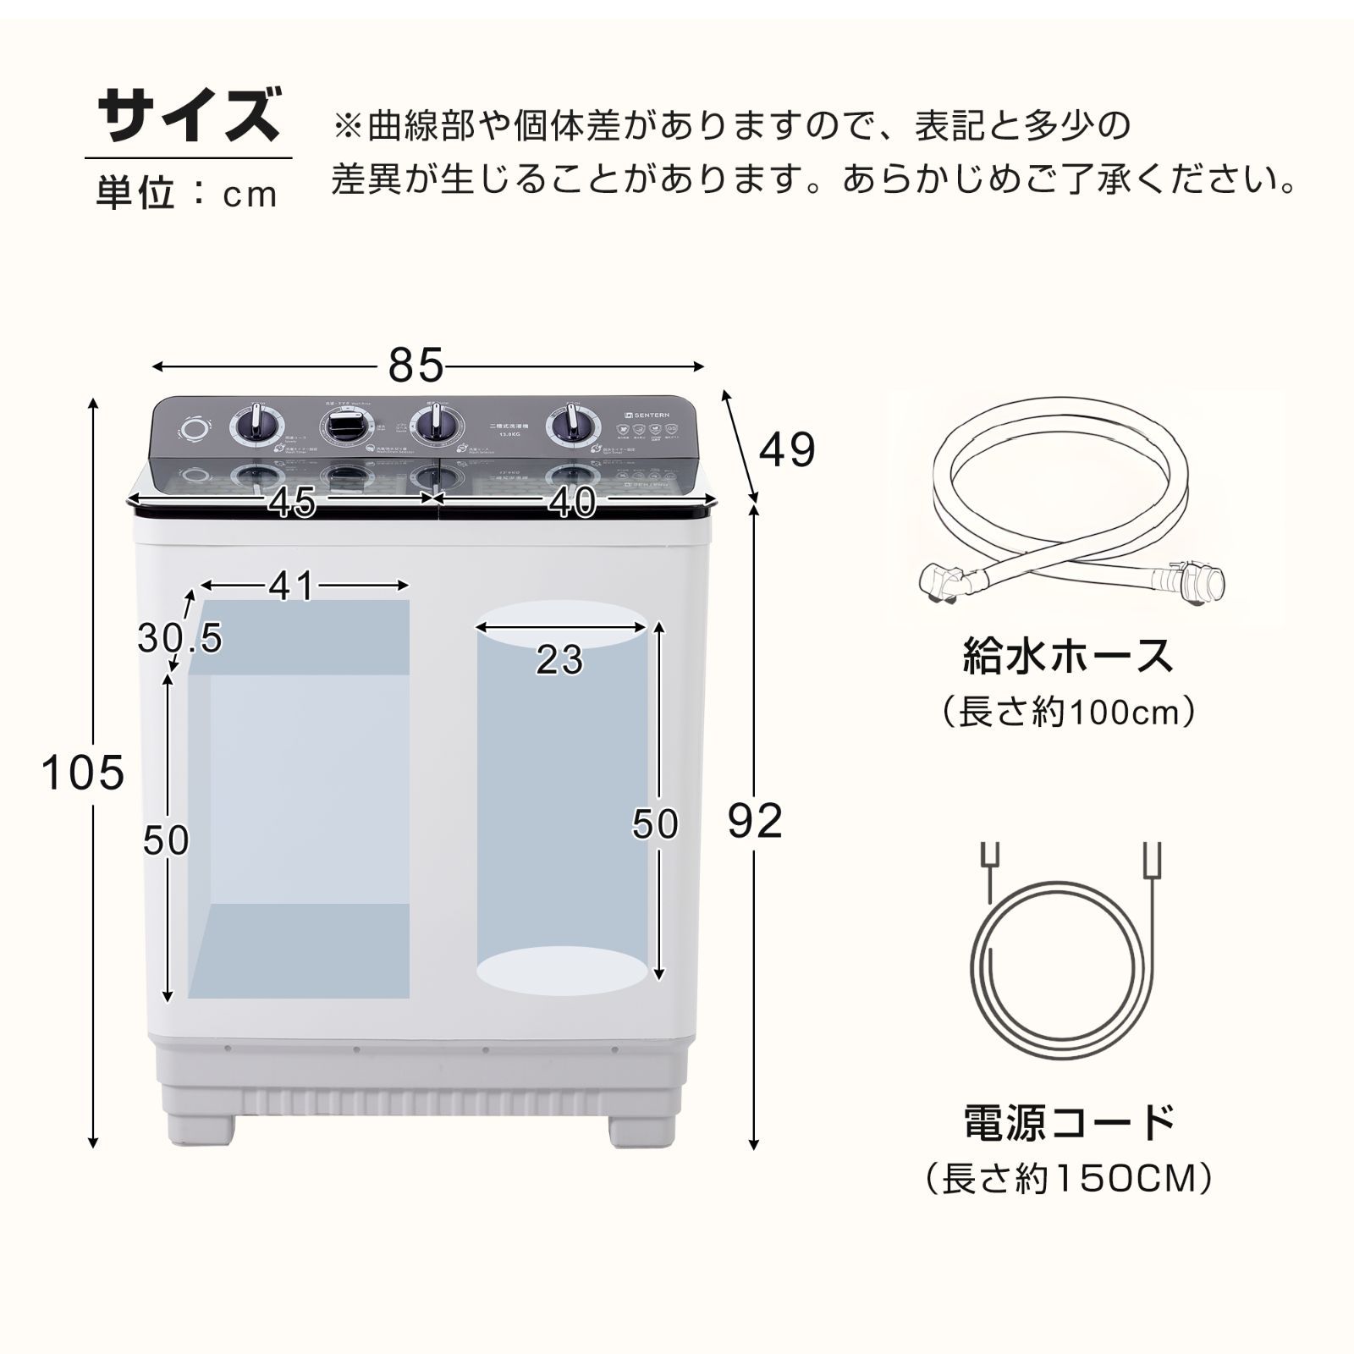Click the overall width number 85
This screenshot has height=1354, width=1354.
point(416,366)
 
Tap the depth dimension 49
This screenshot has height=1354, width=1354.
point(787,449)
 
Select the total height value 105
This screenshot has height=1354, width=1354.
point(83,773)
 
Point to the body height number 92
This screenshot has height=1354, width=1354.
point(755,821)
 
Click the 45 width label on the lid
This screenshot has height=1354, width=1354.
point(293,503)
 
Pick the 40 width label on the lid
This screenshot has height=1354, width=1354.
point(572,503)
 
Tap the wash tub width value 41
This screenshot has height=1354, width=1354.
point(292,586)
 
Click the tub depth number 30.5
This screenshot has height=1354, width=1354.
point(179,638)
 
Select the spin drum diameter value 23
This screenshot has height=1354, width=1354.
point(559,660)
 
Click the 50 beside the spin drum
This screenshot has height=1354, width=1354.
point(655,824)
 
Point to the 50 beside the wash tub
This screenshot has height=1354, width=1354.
point(166,840)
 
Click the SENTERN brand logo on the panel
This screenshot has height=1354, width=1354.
point(647,415)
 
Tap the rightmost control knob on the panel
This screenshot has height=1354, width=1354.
point(572,427)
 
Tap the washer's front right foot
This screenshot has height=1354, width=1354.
point(641,1128)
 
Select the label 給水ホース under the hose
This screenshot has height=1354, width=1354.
point(1068,656)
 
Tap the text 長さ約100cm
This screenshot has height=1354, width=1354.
point(1068,712)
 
